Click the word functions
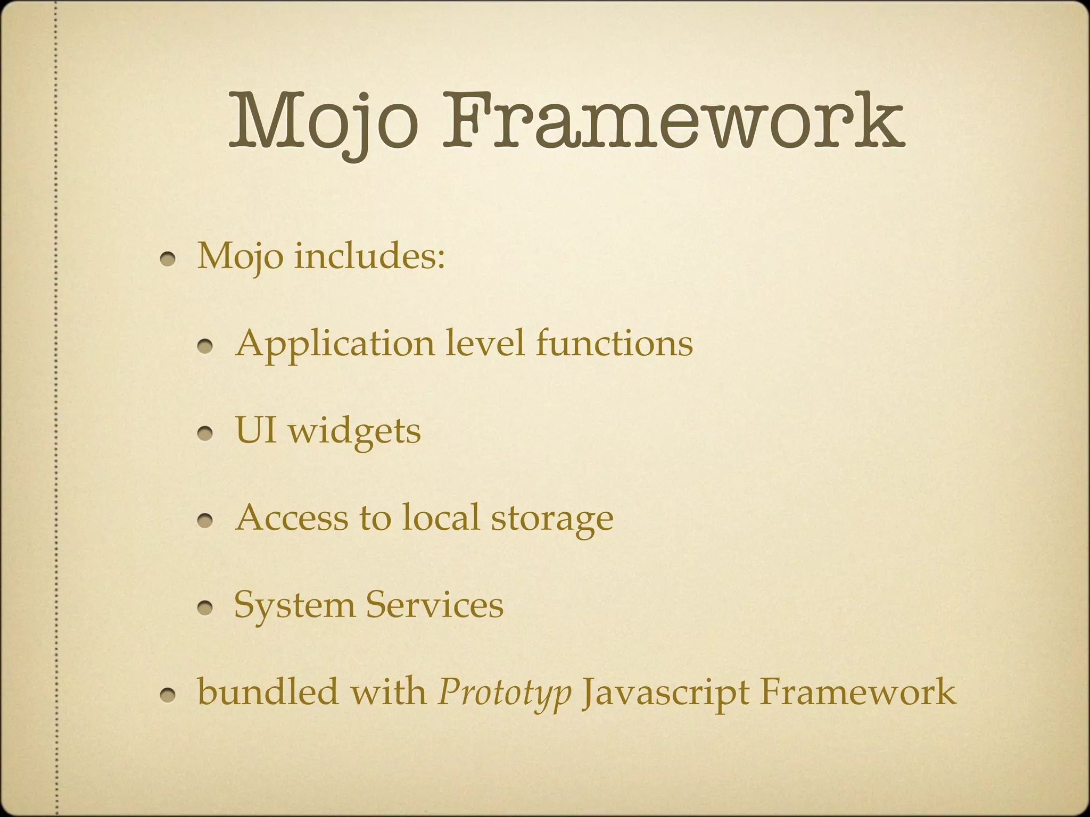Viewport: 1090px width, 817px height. click(x=614, y=343)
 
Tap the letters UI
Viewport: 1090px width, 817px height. click(x=256, y=430)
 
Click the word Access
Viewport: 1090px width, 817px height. click(x=291, y=518)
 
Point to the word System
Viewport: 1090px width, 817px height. click(x=294, y=605)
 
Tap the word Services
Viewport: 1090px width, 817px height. click(x=435, y=605)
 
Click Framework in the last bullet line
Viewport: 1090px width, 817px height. click(x=858, y=691)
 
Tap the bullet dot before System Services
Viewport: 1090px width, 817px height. click(x=205, y=608)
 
